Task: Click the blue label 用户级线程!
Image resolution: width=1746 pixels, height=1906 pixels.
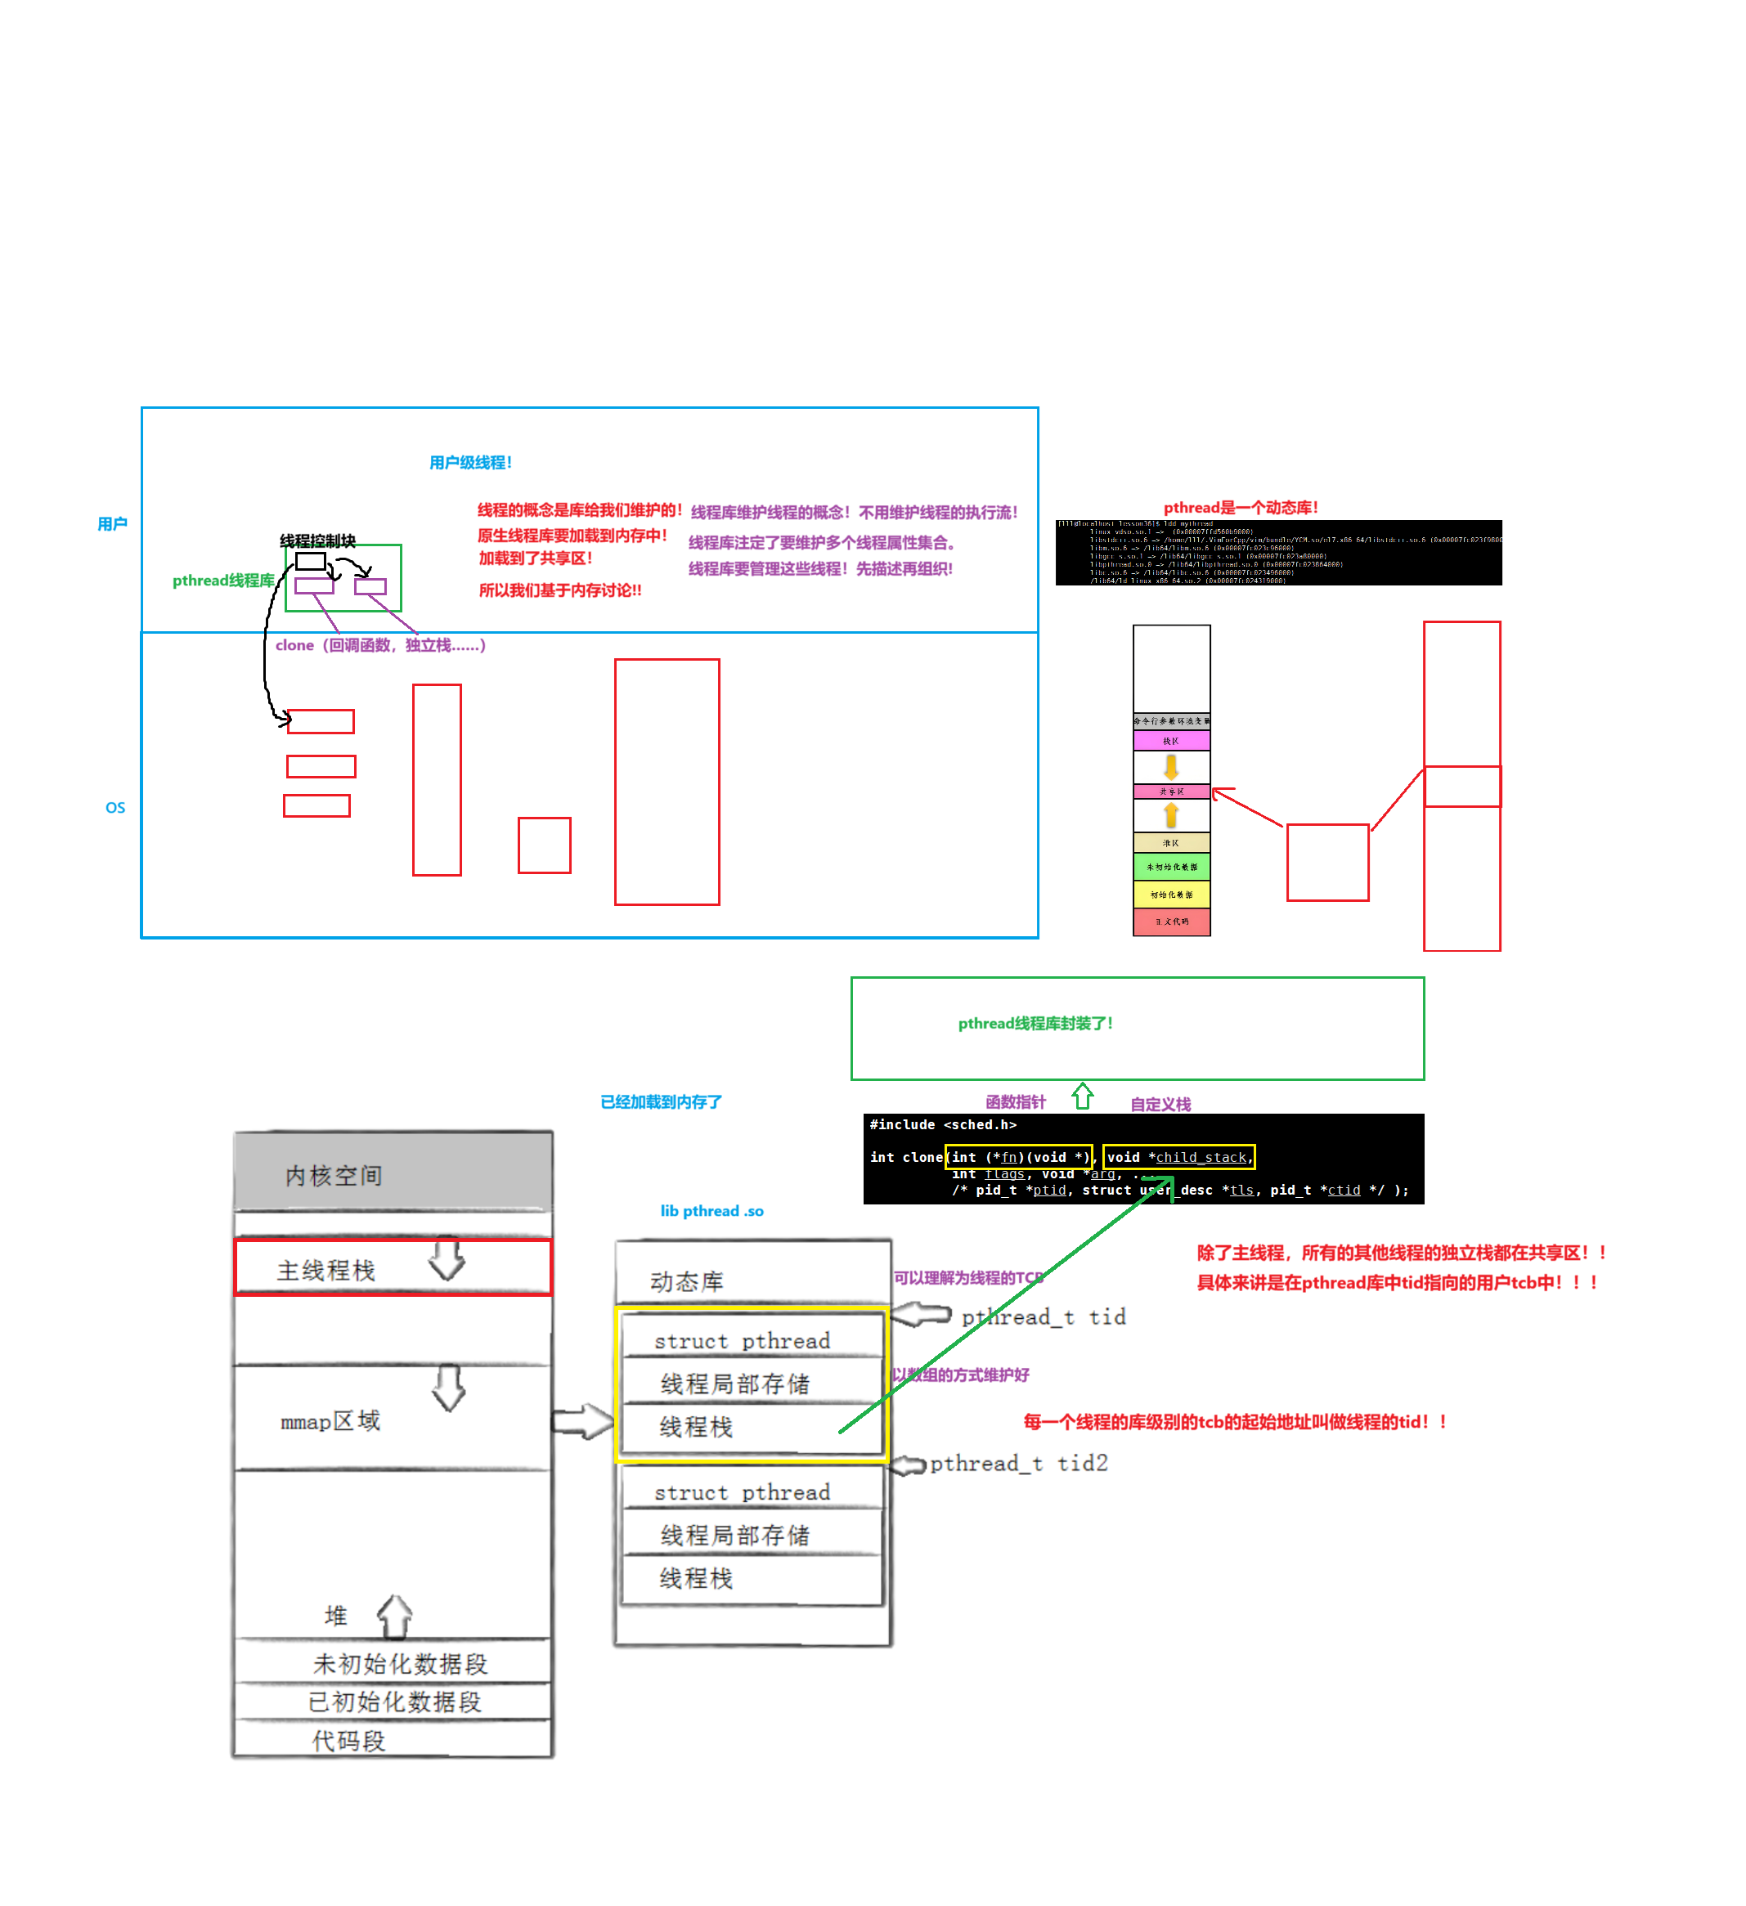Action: pos(470,462)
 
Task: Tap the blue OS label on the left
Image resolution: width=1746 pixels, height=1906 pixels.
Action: pos(115,807)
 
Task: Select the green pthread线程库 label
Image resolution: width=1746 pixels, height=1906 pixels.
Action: pos(223,581)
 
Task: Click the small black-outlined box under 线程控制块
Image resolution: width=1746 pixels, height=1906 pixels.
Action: pos(310,562)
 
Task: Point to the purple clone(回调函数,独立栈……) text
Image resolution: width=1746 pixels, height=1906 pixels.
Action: pos(380,645)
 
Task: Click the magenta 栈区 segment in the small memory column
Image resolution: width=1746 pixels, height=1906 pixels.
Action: pos(1171,741)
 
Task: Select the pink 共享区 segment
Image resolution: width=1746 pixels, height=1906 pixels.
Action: pos(1171,792)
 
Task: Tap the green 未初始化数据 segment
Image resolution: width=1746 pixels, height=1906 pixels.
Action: pos(1171,866)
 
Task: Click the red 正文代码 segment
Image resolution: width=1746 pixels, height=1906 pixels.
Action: pos(1171,921)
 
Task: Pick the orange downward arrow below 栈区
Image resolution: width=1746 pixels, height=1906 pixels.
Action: pos(1171,766)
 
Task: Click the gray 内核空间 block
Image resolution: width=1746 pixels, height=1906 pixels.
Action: pos(393,1173)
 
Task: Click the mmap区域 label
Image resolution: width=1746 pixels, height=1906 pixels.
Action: pos(330,1421)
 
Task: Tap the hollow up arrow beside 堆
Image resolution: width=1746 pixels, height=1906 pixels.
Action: pos(395,1616)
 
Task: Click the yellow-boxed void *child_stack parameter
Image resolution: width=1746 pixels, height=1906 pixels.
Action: pos(1178,1157)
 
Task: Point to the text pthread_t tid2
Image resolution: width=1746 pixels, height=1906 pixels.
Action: pos(1019,1464)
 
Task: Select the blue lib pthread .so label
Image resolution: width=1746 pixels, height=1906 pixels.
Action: pos(711,1211)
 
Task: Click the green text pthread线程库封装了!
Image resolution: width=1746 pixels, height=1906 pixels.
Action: pos(1035,1023)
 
